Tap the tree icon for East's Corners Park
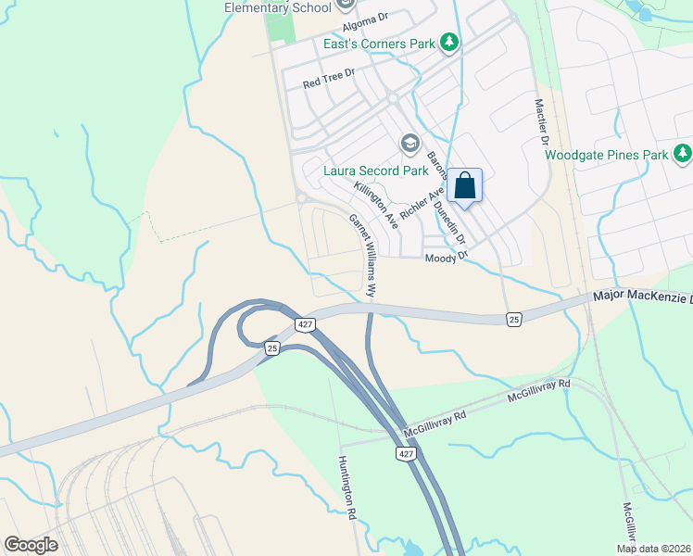pyautogui.click(x=449, y=42)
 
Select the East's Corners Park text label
pyautogui.click(x=380, y=44)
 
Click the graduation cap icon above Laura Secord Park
pyautogui.click(x=409, y=144)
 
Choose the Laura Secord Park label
pyautogui.click(x=375, y=171)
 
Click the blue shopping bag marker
pyautogui.click(x=465, y=185)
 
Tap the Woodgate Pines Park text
pyautogui.click(x=606, y=155)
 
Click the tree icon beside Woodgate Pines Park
pyautogui.click(x=683, y=152)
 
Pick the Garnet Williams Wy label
pyautogui.click(x=362, y=256)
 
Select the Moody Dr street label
pyautogui.click(x=441, y=259)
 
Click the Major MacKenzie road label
pyautogui.click(x=642, y=298)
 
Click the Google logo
pyautogui.click(x=31, y=545)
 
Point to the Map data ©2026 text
pyautogui.click(x=653, y=549)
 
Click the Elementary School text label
pyautogui.click(x=277, y=8)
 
